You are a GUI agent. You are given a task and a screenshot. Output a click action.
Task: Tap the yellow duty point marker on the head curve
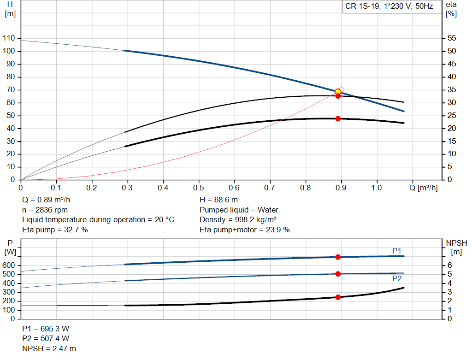coord(338,92)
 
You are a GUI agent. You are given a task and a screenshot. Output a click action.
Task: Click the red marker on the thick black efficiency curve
coord(338,118)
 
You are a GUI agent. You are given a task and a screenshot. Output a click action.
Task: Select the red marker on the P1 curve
coord(338,257)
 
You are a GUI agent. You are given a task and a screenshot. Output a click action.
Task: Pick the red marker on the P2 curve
coord(338,274)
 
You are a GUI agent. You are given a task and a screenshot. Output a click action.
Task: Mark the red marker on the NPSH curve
coord(338,297)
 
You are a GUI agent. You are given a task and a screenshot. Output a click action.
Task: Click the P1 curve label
coord(397,250)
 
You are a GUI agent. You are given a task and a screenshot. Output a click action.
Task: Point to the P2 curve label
coord(397,279)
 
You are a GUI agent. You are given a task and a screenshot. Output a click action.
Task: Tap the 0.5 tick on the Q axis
coord(199,188)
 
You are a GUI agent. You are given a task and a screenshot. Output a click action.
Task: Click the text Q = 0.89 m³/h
coord(47,200)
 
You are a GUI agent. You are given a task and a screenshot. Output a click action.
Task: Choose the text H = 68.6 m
coord(219,200)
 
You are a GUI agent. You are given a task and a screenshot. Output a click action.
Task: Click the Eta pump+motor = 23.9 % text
coord(245,229)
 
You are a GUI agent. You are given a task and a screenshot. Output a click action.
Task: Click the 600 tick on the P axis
coord(9,266)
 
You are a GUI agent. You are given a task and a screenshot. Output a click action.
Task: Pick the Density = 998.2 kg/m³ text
coord(238,219)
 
